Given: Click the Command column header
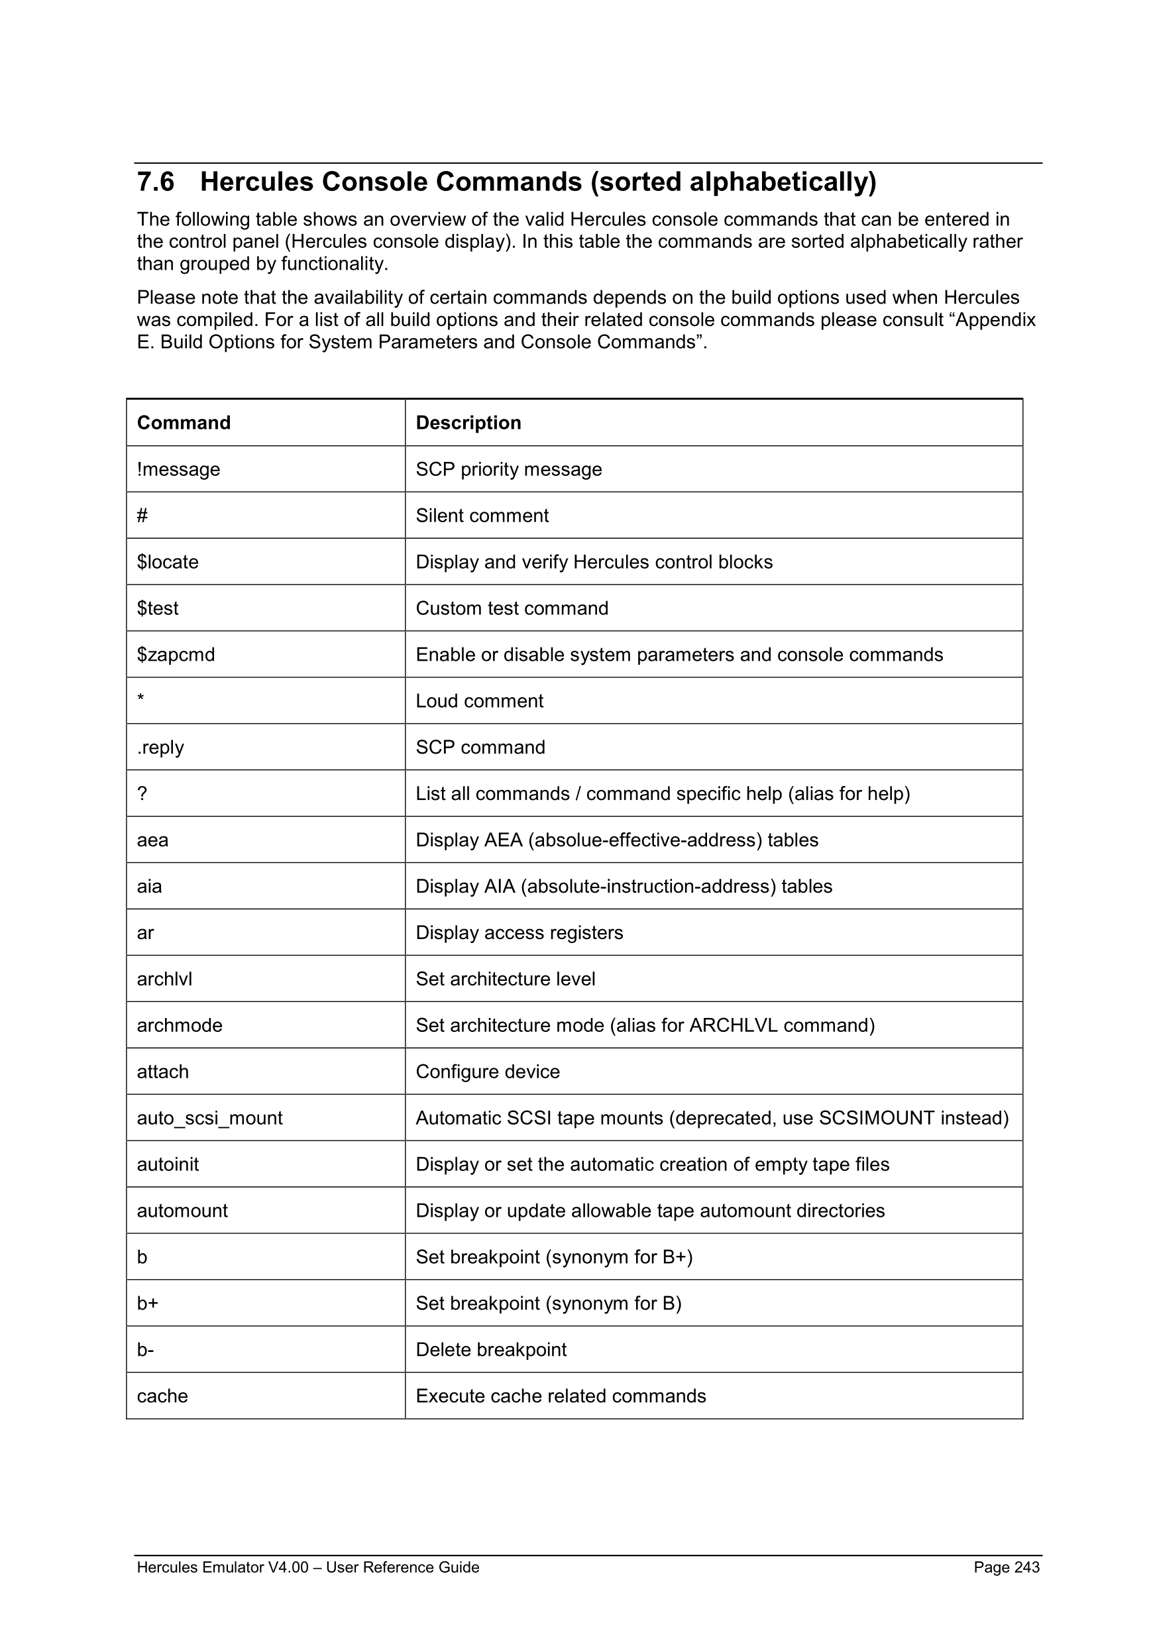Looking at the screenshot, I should pyautogui.click(x=184, y=423).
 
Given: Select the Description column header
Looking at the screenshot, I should pyautogui.click(x=468, y=423).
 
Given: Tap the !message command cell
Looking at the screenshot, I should pyautogui.click(x=178, y=469).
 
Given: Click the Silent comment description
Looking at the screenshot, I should pyautogui.click(x=482, y=515).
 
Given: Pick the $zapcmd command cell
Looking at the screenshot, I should pyautogui.click(x=176, y=655).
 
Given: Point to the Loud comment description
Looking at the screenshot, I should pyautogui.click(x=479, y=700).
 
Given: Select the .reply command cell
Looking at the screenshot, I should pyautogui.click(x=160, y=748).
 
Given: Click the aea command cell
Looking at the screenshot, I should pyautogui.click(x=152, y=840).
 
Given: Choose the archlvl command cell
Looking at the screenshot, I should pyautogui.click(x=164, y=979).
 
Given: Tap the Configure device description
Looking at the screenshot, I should pyautogui.click(x=488, y=1072).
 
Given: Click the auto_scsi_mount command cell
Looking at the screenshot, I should pyautogui.click(x=209, y=1118).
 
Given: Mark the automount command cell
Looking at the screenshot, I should pyautogui.click(x=182, y=1211).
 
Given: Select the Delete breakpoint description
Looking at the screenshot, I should pyautogui.click(x=491, y=1350).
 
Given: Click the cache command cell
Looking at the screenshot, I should pyautogui.click(x=162, y=1396).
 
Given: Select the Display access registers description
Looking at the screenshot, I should pyautogui.click(x=520, y=933).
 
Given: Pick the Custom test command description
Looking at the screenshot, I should pyautogui.click(x=512, y=608).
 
